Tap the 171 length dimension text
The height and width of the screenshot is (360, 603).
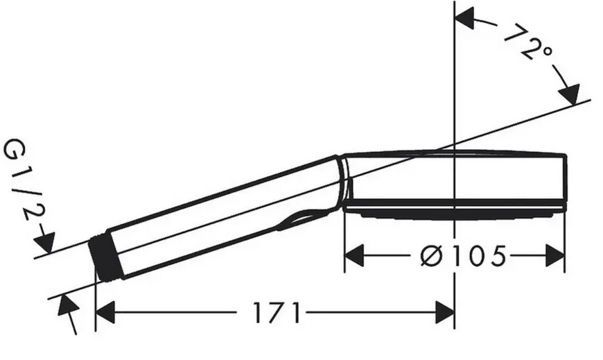(276, 312)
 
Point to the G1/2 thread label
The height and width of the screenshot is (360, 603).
(24, 179)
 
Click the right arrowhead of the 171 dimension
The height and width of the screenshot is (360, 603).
(444, 312)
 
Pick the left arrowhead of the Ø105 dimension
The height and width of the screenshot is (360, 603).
(354, 255)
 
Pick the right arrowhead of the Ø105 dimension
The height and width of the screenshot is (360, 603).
(555, 255)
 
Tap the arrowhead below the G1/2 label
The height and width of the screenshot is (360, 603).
(45, 242)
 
